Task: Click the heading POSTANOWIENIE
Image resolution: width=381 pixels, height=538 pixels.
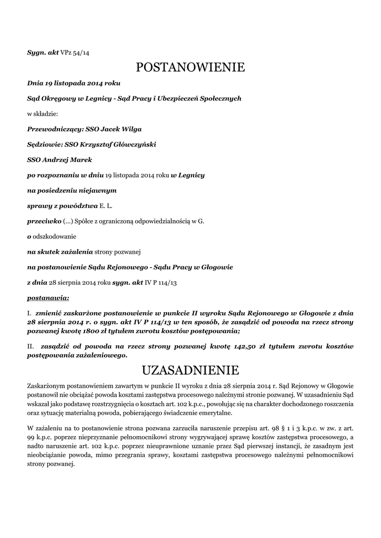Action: [190, 67]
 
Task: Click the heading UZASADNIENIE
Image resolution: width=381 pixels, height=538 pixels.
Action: [190, 371]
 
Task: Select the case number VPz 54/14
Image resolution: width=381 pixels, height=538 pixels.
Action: [75, 53]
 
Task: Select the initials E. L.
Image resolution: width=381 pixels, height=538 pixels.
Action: [107, 206]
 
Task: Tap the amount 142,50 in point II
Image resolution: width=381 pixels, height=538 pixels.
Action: [244, 347]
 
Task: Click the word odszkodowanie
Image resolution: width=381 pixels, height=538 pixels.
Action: [54, 236]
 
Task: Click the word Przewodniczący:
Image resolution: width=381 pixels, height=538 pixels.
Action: [52, 129]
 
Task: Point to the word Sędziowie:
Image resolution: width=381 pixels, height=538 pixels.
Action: [44, 144]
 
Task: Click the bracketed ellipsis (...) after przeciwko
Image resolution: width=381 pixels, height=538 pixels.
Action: [69, 221]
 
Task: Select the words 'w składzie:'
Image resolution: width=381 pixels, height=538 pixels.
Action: [43, 113]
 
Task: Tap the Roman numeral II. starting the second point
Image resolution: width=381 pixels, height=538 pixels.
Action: [30, 347]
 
